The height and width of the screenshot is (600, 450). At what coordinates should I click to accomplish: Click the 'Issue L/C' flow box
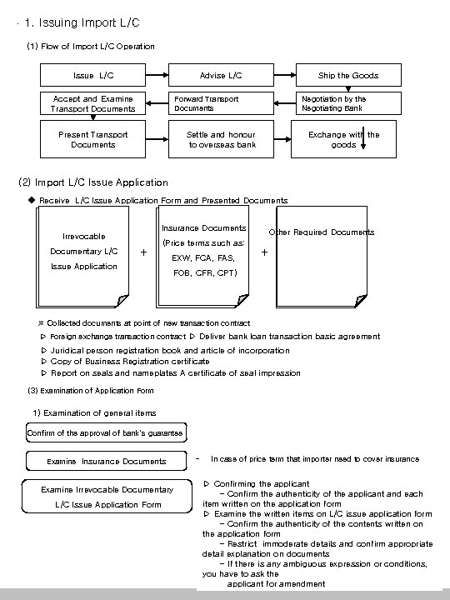(93, 75)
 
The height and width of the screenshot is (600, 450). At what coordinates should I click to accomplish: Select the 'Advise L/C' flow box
(221, 75)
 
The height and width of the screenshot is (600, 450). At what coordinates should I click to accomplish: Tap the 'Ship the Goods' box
(347, 75)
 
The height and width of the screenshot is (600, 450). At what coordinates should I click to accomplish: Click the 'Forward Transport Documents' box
(221, 103)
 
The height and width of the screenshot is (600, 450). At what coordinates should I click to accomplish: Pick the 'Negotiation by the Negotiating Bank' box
(347, 103)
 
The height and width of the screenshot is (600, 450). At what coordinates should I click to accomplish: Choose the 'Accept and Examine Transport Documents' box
(93, 103)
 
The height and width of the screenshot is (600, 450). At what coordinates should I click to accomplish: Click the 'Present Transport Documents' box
(93, 139)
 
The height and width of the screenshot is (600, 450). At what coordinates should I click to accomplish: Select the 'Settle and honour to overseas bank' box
(221, 139)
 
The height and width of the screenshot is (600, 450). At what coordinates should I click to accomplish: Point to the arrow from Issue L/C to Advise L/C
(157, 75)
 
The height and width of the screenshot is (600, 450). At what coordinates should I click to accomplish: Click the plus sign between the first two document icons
(144, 251)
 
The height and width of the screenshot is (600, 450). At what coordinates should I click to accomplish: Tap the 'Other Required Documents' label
(322, 232)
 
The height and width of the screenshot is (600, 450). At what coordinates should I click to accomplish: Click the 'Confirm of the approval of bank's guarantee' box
(105, 432)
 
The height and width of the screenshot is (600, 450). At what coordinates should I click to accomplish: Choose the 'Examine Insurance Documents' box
(106, 461)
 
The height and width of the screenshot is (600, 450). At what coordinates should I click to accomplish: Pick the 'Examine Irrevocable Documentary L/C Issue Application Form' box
(107, 497)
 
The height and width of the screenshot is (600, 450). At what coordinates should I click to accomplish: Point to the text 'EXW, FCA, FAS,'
(203, 257)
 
